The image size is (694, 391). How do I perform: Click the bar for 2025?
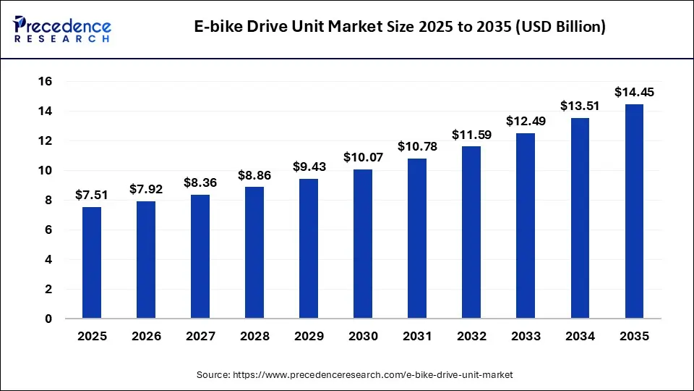pyautogui.click(x=92, y=262)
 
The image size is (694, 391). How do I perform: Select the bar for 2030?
pyautogui.click(x=363, y=243)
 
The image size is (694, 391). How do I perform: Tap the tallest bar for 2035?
pyautogui.click(x=634, y=211)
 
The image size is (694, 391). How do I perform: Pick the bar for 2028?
pyautogui.click(x=254, y=252)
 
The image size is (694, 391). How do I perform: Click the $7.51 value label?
pyautogui.click(x=92, y=195)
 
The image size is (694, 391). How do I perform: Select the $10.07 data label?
pyautogui.click(x=363, y=157)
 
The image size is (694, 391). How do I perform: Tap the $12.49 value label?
pyautogui.click(x=526, y=121)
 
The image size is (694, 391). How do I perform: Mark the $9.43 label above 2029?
pyautogui.click(x=309, y=167)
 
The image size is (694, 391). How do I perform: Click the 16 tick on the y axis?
pyautogui.click(x=45, y=82)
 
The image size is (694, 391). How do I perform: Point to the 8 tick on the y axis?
pyautogui.click(x=47, y=201)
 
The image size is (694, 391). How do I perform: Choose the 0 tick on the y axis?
pyautogui.click(x=47, y=319)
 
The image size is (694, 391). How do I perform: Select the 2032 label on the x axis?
pyautogui.click(x=471, y=337)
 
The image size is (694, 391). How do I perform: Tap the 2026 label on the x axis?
pyautogui.click(x=146, y=337)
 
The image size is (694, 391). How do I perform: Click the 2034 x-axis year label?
pyautogui.click(x=580, y=337)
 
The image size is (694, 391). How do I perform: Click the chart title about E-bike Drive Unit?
pyautogui.click(x=400, y=28)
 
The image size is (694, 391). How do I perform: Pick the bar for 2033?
pyautogui.click(x=526, y=225)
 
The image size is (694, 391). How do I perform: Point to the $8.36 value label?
pyautogui.click(x=200, y=182)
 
